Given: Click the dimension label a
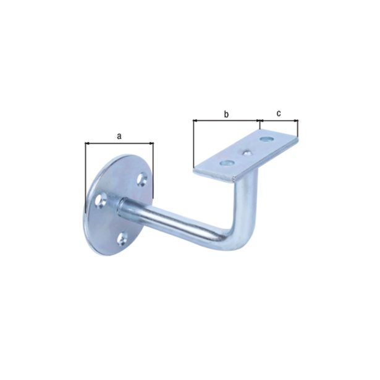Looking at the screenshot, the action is coord(119,137).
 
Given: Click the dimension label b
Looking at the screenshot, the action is coord(226,114).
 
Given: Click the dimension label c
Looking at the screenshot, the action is coord(279,113).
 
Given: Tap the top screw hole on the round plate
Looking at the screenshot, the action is coord(142,180).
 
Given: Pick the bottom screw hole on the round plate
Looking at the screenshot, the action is coord(122,239).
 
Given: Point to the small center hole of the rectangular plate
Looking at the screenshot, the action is coord(247,153).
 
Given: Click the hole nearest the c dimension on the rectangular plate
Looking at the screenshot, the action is coord(266,139).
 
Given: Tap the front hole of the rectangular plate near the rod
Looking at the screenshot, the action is coord(227,164).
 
